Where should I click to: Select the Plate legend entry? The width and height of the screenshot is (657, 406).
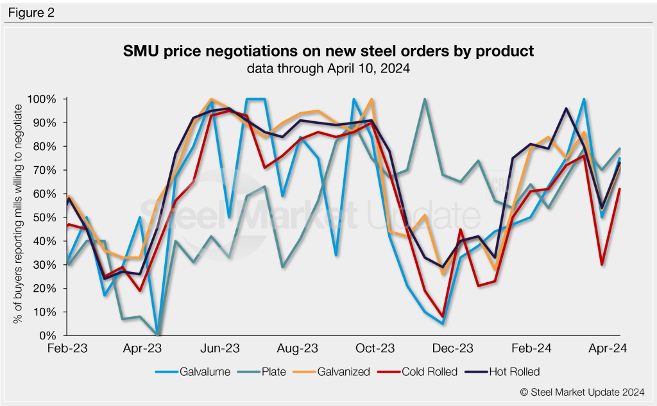click(x=277, y=371)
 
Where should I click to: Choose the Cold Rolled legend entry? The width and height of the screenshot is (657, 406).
click(x=428, y=371)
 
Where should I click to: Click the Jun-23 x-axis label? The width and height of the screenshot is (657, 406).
click(x=221, y=349)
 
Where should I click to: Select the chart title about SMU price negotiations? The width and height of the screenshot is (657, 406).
click(x=328, y=51)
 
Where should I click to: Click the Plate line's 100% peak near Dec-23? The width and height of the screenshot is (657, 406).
click(x=425, y=99)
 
